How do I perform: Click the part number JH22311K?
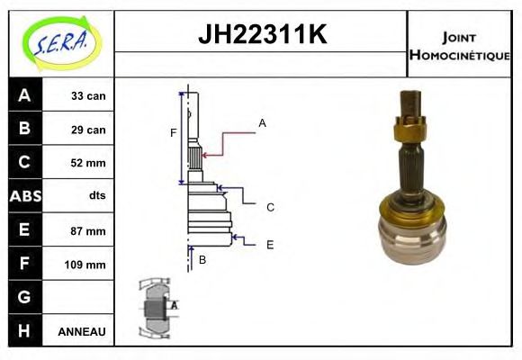tap(261, 35)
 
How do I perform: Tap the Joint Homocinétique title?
tap(459, 45)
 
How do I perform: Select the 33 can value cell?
tap(88, 96)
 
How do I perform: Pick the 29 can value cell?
tap(88, 130)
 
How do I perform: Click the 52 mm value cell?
tap(88, 163)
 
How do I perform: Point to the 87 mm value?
tap(88, 230)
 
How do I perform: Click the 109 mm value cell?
tap(86, 265)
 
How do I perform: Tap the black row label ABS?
tap(24, 195)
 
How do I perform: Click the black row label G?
tap(24, 297)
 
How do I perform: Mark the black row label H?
tap(24, 330)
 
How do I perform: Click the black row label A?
tap(24, 95)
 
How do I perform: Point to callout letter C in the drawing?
tap(269, 207)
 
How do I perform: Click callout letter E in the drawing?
tap(269, 244)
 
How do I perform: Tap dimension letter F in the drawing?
tap(173, 133)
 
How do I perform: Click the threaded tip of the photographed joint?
tap(411, 102)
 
